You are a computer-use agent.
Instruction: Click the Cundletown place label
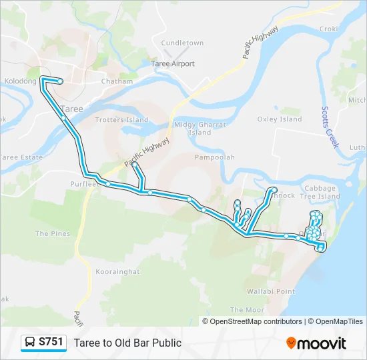[182, 43]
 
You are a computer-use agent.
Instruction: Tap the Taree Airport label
[173, 64]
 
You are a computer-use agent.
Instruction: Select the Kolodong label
[21, 81]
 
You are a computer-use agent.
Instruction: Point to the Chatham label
[113, 81]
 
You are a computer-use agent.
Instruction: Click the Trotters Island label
[121, 120]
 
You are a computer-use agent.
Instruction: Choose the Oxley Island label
[280, 119]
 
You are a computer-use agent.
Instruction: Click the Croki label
[329, 29]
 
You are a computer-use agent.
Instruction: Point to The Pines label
[52, 234]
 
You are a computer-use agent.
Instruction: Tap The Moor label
[246, 310]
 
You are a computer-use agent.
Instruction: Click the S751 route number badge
[45, 343]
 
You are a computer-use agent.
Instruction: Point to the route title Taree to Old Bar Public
[127, 343]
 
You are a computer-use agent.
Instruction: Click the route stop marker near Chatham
[61, 81]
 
